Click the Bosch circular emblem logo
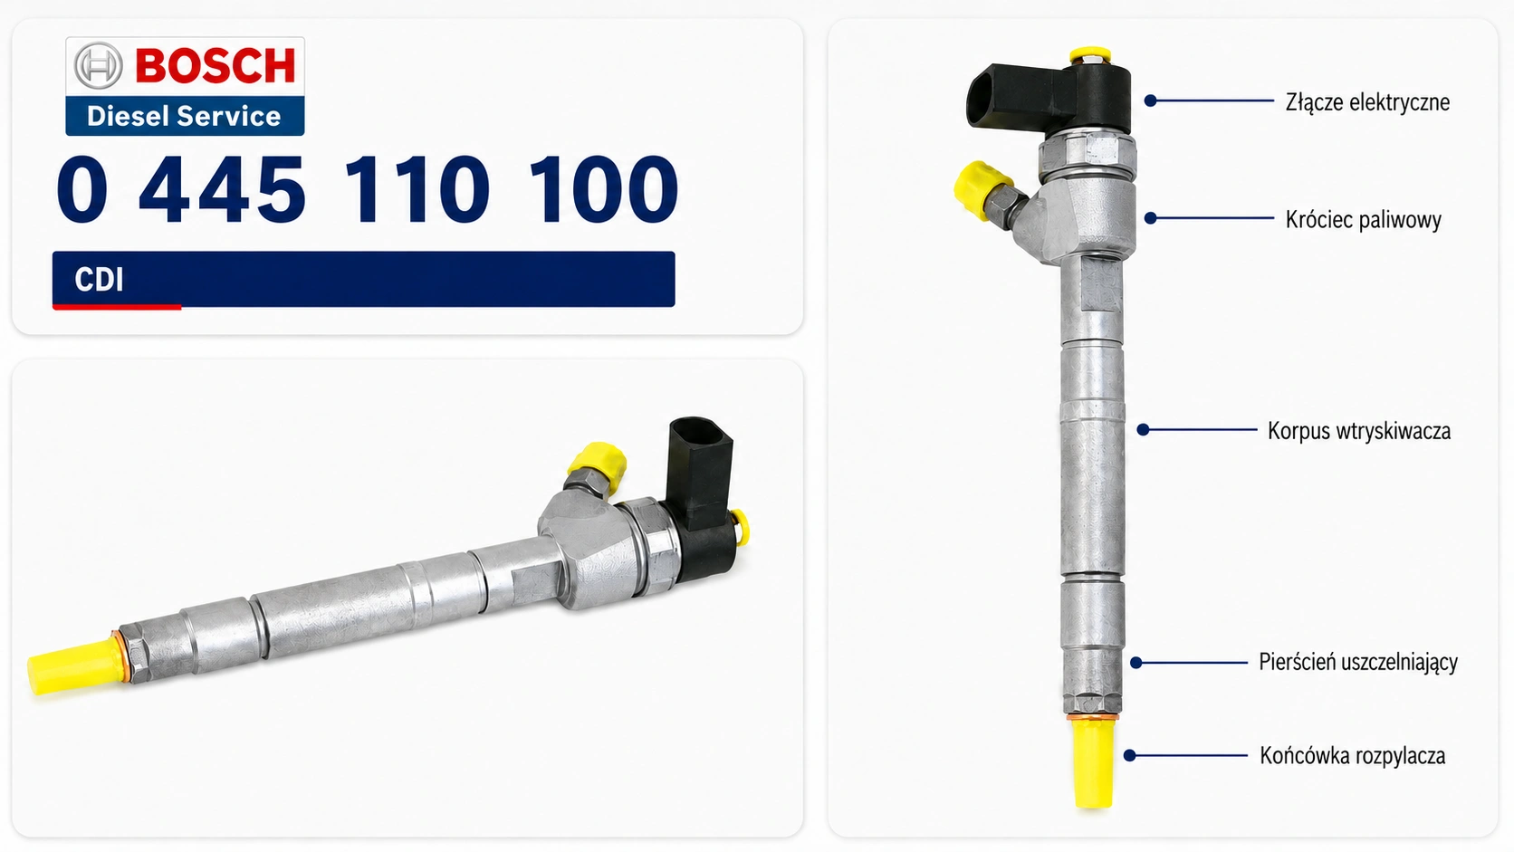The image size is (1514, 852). click(x=98, y=65)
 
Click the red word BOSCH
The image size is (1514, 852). click(x=216, y=65)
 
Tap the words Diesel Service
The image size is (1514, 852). click(x=184, y=116)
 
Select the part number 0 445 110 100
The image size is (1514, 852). click(x=367, y=189)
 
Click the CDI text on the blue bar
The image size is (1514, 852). click(x=99, y=280)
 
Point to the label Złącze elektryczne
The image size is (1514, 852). click(x=1367, y=102)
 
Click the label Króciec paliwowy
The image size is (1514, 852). click(x=1364, y=220)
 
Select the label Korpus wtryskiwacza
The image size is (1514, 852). click(x=1359, y=431)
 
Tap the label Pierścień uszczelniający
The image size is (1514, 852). click(x=1358, y=662)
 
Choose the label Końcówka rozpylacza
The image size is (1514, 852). click(x=1353, y=755)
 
